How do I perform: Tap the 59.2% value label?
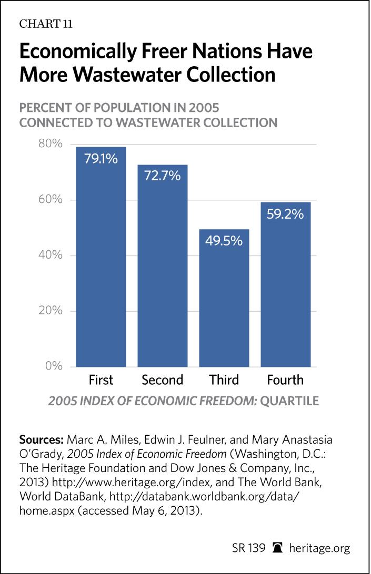coord(285,214)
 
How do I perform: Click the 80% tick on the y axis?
coord(51,145)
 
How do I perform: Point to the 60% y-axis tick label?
coord(51,200)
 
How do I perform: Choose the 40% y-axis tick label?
coord(51,255)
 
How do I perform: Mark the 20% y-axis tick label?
coord(51,311)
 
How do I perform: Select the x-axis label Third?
coord(224,380)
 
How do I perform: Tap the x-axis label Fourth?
coord(285,380)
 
